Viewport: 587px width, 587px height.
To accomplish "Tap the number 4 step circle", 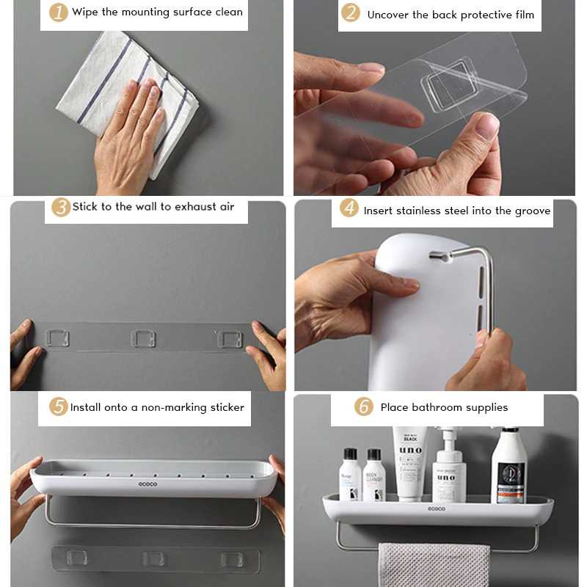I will click(349, 209).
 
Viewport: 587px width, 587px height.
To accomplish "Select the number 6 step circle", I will click(363, 406).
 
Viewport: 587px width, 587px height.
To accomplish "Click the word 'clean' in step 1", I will click(225, 12).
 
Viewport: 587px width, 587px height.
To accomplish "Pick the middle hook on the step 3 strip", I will click(142, 338).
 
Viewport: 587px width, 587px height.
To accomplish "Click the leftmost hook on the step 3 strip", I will click(56, 338).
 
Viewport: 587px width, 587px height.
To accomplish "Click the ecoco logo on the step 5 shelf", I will click(148, 484).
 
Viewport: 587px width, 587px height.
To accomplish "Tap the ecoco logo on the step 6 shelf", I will click(436, 508).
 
